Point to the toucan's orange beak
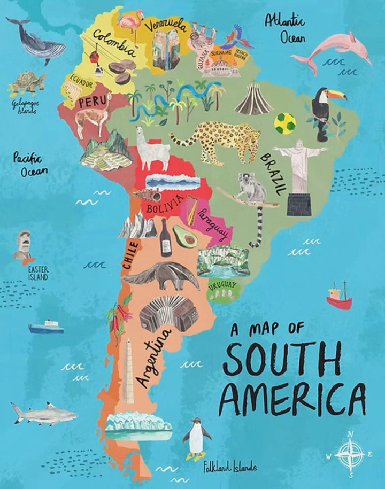pyautogui.click(x=336, y=95)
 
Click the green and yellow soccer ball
pyautogui.click(x=284, y=123)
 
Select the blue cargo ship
pyautogui.click(x=46, y=327)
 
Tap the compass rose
pyautogui.click(x=350, y=454)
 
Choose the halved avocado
pyautogui.click(x=186, y=236)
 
